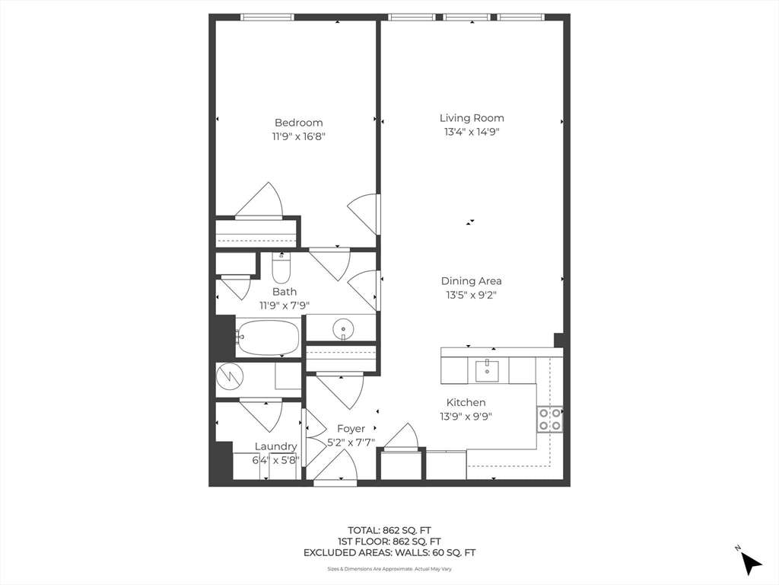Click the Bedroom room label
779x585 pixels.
tap(298, 123)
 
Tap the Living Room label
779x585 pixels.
tap(472, 118)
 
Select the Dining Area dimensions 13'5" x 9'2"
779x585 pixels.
tap(471, 295)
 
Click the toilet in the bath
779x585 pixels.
tap(281, 267)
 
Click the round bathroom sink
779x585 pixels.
tap(343, 329)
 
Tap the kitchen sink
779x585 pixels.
tap(487, 371)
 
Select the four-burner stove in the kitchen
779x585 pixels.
tap(549, 419)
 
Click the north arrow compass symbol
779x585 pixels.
tap(749, 561)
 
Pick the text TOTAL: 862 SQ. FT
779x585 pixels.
tap(389, 530)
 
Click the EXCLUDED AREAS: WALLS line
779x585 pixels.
tap(389, 553)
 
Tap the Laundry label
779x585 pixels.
tap(275, 446)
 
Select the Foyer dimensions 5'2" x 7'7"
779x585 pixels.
tap(351, 442)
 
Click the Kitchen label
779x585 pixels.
tap(466, 402)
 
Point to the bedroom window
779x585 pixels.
tap(267, 18)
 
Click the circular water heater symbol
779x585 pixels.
tap(230, 376)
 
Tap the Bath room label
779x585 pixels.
tap(285, 292)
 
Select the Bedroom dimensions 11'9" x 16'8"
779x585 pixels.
tap(298, 136)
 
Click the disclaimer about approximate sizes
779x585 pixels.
tap(389, 569)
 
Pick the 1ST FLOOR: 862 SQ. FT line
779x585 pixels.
tap(389, 542)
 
